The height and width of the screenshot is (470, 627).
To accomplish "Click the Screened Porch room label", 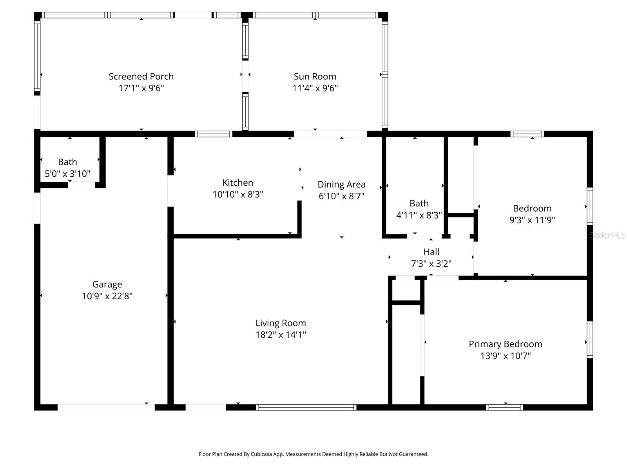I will pyautogui.click(x=141, y=76).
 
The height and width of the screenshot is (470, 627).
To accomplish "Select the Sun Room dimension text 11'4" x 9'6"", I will pyautogui.click(x=315, y=88).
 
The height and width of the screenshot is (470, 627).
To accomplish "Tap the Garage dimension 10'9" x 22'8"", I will pyautogui.click(x=107, y=296).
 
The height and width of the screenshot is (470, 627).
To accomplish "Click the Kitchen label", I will pyautogui.click(x=237, y=183).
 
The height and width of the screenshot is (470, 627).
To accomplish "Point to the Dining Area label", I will pyautogui.click(x=341, y=184).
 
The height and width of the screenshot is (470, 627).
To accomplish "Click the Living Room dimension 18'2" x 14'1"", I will pyautogui.click(x=281, y=334).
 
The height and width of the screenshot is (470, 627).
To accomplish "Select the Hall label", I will pyautogui.click(x=431, y=252).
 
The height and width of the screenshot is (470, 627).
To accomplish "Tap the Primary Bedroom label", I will pyautogui.click(x=505, y=344).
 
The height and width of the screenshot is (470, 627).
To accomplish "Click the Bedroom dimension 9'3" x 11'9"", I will pyautogui.click(x=532, y=220).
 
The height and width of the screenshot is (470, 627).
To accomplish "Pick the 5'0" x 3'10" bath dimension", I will pyautogui.click(x=67, y=174).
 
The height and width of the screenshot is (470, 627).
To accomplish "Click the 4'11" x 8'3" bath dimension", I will pyautogui.click(x=419, y=215).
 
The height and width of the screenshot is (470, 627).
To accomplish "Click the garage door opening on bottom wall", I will pyautogui.click(x=106, y=407).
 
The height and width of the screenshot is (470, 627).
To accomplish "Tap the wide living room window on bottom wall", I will pyautogui.click(x=306, y=407).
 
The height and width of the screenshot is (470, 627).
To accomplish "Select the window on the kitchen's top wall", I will pyautogui.click(x=214, y=134).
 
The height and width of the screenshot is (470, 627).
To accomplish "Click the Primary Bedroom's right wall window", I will pyautogui.click(x=589, y=340).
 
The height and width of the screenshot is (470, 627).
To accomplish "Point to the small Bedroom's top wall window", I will pyautogui.click(x=527, y=134).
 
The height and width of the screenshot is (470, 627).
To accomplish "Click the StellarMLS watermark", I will pyautogui.click(x=607, y=235).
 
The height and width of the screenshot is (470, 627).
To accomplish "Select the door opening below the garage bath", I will pyautogui.click(x=82, y=185).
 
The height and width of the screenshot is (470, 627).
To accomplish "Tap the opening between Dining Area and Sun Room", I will pyautogui.click(x=330, y=134).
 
